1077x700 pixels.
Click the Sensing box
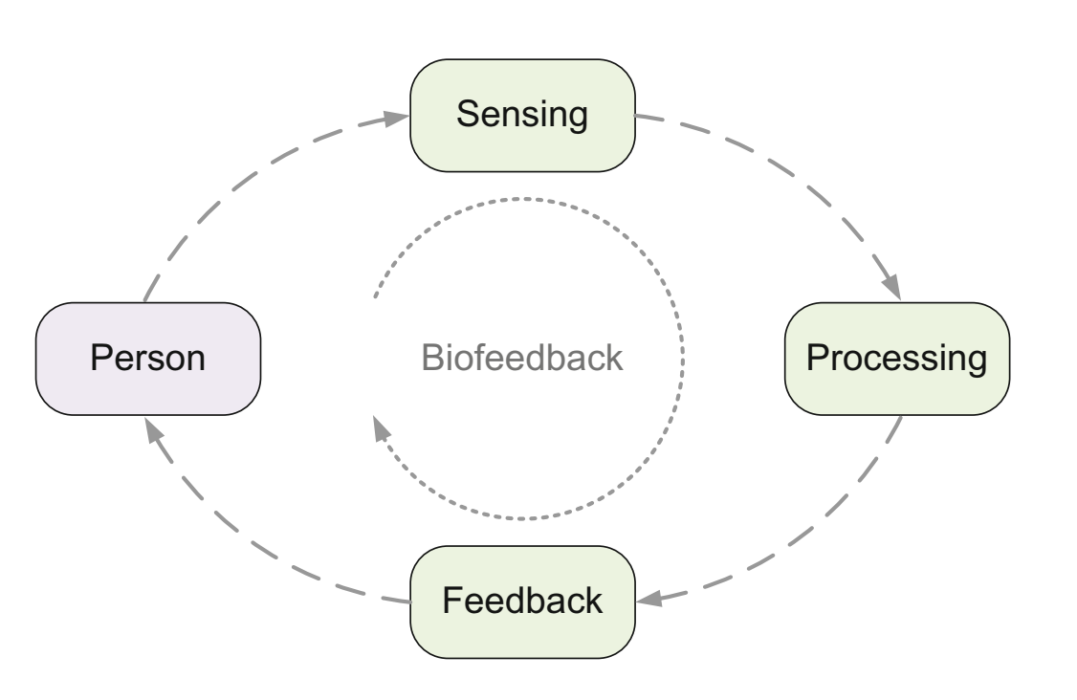(522, 116)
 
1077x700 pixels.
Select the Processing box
(897, 359)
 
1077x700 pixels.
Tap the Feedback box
(522, 602)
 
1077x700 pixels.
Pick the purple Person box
(148, 359)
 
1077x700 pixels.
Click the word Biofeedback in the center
(522, 358)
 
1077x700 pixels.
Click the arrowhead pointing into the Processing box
(891, 286)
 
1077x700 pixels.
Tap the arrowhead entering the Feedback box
(649, 599)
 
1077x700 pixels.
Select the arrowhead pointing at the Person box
(154, 431)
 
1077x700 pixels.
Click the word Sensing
(522, 115)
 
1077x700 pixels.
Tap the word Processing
(897, 359)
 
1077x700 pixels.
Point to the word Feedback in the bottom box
(522, 601)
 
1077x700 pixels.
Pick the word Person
(147, 358)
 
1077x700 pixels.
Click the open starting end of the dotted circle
(375, 296)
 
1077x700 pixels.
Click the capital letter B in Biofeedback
(432, 358)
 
